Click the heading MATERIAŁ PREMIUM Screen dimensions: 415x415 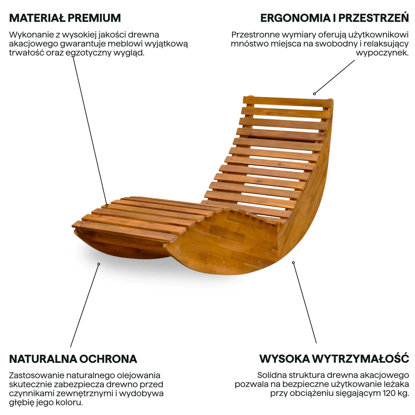tap(65, 18)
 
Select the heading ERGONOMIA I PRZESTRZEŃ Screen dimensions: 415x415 tap(334, 18)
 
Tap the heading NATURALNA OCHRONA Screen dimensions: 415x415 tap(73, 359)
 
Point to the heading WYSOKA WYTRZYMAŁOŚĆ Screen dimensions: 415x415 tap(334, 359)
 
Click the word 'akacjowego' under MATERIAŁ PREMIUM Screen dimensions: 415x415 tap(33, 44)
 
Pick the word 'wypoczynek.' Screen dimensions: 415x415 tap(382, 53)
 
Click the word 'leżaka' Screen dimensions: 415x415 tap(396, 384)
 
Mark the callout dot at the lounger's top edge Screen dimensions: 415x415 tap(314, 94)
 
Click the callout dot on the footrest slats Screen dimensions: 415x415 tap(107, 205)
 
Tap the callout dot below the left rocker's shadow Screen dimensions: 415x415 tap(99, 264)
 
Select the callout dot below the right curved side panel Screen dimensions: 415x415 tap(293, 263)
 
